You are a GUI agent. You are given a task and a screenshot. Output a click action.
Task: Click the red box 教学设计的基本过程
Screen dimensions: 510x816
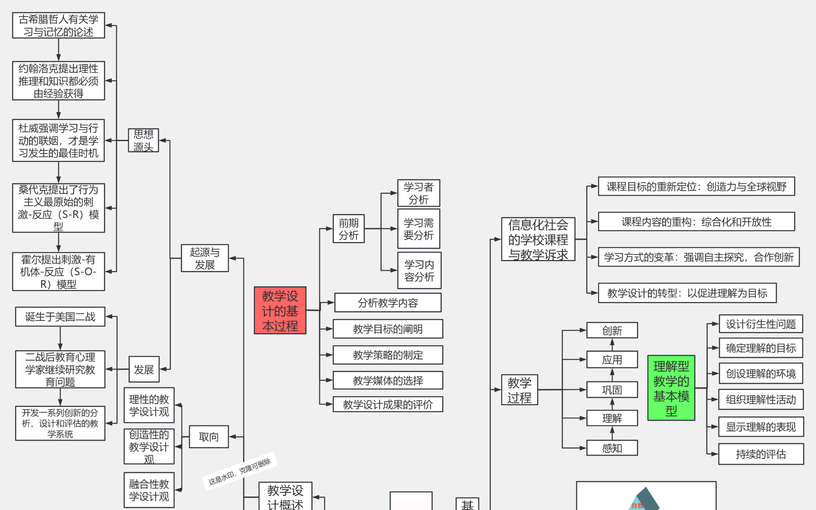tap(280, 310)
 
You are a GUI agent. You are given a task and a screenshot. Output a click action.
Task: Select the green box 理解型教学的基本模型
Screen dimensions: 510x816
tap(671, 388)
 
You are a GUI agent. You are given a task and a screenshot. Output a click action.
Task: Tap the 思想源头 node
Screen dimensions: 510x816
tap(143, 140)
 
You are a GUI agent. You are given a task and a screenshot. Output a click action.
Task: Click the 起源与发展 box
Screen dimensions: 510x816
tap(204, 258)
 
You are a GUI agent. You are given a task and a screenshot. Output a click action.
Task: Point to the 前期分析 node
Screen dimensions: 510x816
tap(348, 229)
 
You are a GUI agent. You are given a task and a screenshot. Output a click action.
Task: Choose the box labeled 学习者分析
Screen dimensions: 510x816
tap(418, 193)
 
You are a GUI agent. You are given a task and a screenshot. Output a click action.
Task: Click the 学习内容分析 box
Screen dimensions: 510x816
tap(419, 270)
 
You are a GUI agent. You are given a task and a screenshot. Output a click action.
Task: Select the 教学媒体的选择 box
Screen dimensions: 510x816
tap(388, 380)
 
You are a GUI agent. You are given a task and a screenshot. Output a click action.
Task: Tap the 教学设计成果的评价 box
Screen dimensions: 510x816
tap(388, 404)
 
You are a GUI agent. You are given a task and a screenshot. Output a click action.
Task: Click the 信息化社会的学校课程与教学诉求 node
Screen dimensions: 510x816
tap(538, 239)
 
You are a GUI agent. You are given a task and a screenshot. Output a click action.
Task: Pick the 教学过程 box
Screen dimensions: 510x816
tap(519, 390)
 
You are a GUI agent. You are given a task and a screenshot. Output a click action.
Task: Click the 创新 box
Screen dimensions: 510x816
tap(612, 330)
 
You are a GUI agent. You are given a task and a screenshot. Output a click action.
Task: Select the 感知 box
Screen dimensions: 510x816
tap(612, 448)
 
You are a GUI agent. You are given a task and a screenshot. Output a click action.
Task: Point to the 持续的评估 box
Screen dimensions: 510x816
tap(760, 454)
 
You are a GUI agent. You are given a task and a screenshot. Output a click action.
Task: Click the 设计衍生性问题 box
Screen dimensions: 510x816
tap(760, 324)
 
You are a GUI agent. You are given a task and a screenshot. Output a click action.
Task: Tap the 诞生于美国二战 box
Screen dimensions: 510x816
tap(60, 317)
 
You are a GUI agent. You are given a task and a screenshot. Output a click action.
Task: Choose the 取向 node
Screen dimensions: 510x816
tap(208, 436)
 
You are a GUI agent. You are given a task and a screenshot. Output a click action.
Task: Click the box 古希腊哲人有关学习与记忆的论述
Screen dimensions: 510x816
tap(58, 25)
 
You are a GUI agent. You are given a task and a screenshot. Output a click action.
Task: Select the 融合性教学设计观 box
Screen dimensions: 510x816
tap(149, 490)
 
